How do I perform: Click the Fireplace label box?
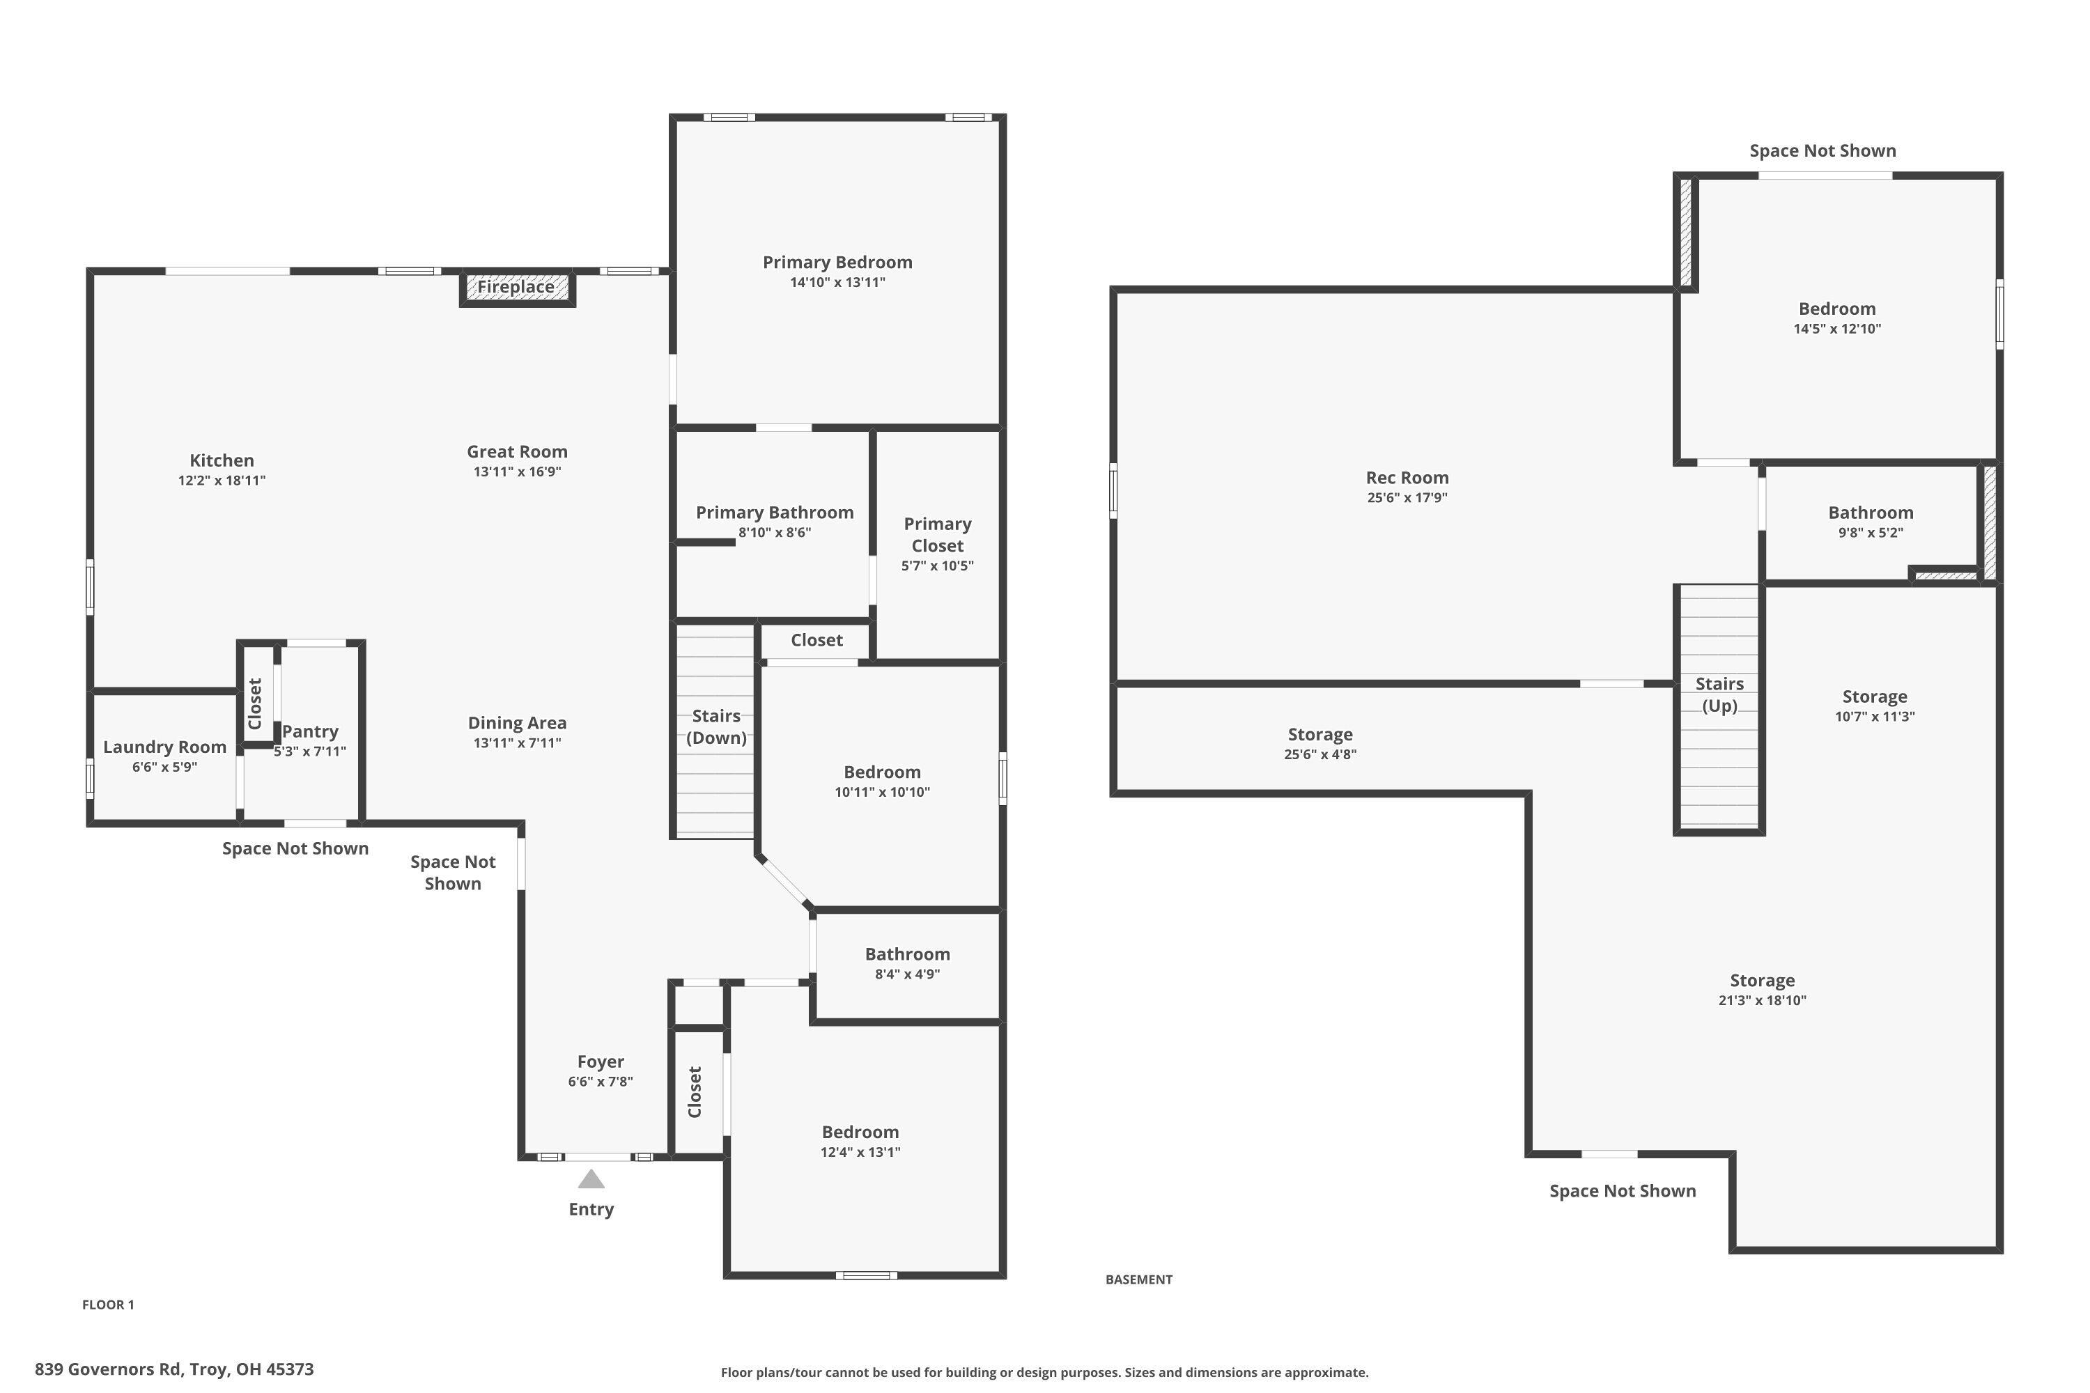516,288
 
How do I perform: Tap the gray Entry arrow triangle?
591,1180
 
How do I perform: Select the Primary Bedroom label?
837,262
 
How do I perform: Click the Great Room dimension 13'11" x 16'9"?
517,472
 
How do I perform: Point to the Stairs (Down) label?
716,726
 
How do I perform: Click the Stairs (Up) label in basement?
1719,694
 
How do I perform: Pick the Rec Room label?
1407,478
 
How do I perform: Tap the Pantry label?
310,731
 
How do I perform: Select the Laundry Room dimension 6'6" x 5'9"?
164,768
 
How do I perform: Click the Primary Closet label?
938,535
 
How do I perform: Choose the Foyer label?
601,1061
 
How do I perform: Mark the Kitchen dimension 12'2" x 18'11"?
222,481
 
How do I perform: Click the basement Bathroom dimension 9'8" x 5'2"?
1871,533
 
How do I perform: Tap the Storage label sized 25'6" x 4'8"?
1319,735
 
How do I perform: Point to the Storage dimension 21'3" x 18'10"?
1762,1000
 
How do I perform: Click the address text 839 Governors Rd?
174,1369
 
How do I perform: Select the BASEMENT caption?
1138,1279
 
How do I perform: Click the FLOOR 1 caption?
107,1304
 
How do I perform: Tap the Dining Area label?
517,723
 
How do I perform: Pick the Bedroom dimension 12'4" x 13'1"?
860,1152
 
